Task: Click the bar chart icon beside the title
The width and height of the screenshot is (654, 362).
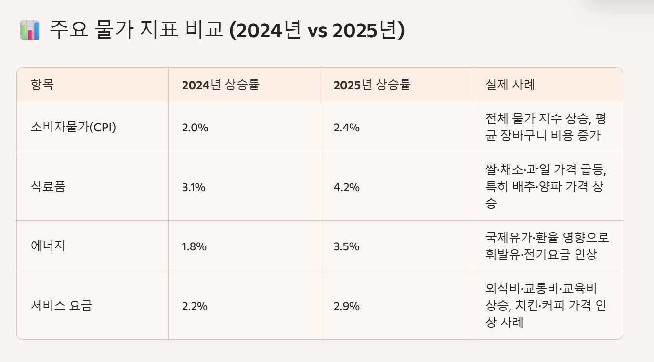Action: point(30,30)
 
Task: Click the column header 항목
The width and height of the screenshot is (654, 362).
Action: point(42,85)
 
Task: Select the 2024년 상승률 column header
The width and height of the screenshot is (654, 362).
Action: point(221,85)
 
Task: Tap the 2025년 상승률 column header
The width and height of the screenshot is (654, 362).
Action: point(372,85)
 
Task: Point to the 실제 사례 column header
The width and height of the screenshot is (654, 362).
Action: point(510,85)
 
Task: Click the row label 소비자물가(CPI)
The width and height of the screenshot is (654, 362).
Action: point(73,128)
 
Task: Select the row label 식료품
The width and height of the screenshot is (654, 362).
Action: point(48,187)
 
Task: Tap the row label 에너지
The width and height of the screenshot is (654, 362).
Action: point(48,246)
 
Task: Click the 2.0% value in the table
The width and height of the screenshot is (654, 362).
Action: point(195,128)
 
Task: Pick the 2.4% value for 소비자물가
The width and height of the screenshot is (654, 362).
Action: point(346,128)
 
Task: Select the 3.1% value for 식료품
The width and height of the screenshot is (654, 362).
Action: point(194,187)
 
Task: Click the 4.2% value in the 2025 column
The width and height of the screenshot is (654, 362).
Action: point(346,187)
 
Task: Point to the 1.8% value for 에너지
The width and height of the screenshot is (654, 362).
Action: point(194,247)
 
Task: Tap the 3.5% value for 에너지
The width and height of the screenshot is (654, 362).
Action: point(346,247)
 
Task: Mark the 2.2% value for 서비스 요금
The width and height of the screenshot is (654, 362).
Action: point(195,306)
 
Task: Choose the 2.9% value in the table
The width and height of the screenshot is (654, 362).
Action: point(346,306)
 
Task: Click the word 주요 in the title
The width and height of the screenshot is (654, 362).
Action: point(67,30)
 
